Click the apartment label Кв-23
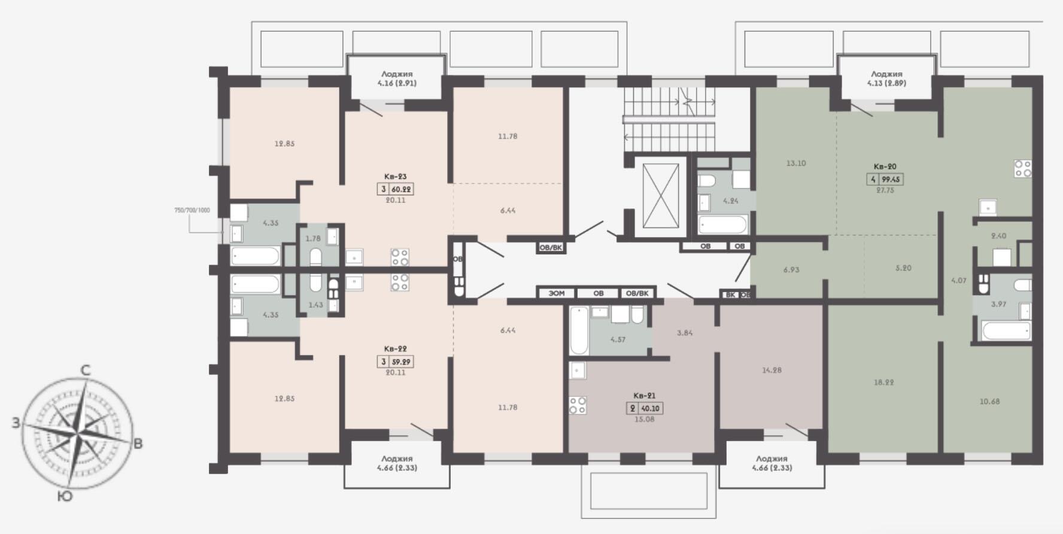[395, 177]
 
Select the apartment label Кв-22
[395, 348]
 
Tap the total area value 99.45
[891, 179]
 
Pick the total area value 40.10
[650, 408]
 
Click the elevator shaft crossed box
[660, 195]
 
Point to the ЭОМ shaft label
[556, 293]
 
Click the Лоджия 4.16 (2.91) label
[397, 78]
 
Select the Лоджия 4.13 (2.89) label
[886, 78]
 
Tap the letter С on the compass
[86, 371]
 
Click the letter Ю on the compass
[65, 496]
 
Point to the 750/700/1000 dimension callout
[192, 210]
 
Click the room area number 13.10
[795, 163]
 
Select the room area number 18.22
[883, 382]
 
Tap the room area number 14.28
[772, 370]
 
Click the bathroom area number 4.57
[618, 339]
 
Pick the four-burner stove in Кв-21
[578, 405]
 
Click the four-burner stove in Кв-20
[1023, 168]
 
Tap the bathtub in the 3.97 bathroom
[1006, 330]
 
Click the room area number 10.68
[989, 401]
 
